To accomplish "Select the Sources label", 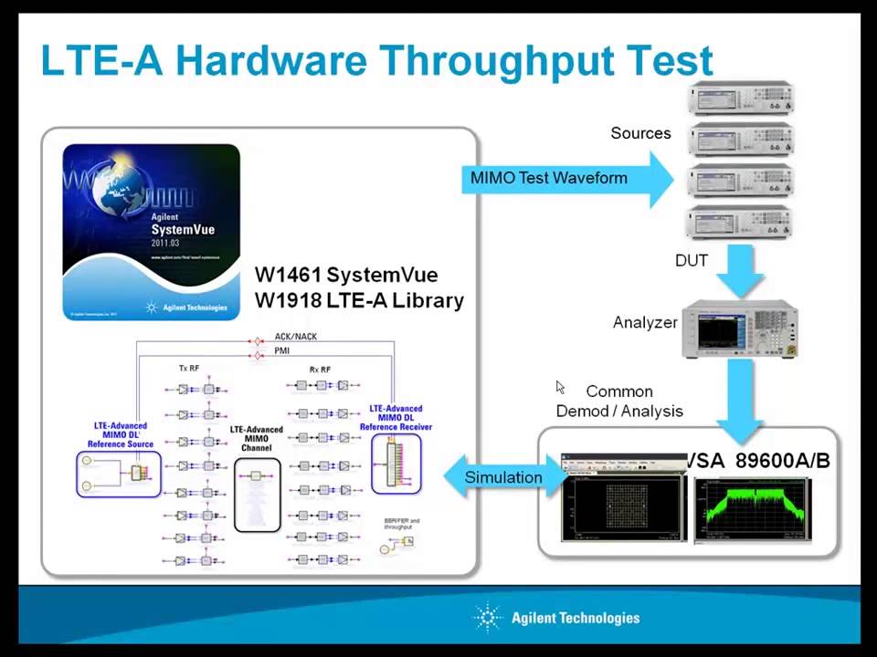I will pyautogui.click(x=640, y=133).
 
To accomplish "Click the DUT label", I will pyautogui.click(x=691, y=261).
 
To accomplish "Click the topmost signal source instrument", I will pyautogui.click(x=741, y=98).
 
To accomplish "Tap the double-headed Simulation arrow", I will pyautogui.click(x=502, y=477).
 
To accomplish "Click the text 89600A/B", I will pyautogui.click(x=782, y=461).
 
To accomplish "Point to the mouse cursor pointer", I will pyautogui.click(x=560, y=387).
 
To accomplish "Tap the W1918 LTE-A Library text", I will pyautogui.click(x=359, y=300).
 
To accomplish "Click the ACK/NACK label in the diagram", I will pyautogui.click(x=295, y=337).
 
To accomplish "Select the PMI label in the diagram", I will pyautogui.click(x=282, y=350).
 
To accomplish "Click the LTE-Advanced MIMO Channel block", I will pyautogui.click(x=257, y=480).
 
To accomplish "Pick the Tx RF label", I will pyautogui.click(x=189, y=369).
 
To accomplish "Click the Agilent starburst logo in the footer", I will pyautogui.click(x=488, y=618).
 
